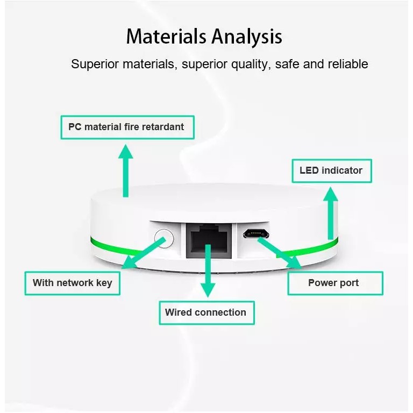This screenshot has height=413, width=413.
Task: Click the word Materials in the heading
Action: click(x=166, y=37)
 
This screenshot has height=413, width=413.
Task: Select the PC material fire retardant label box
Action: click(x=126, y=127)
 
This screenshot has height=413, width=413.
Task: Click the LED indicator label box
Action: click(x=331, y=170)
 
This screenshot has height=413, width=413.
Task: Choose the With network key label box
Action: click(x=73, y=283)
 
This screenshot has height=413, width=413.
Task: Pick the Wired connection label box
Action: click(x=205, y=312)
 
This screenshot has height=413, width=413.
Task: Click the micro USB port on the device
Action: click(x=255, y=233)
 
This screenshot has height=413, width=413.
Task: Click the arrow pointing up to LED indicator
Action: click(x=331, y=212)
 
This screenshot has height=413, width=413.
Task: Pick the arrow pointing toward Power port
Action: click(x=280, y=252)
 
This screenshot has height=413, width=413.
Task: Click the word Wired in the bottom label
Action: click(x=178, y=312)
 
